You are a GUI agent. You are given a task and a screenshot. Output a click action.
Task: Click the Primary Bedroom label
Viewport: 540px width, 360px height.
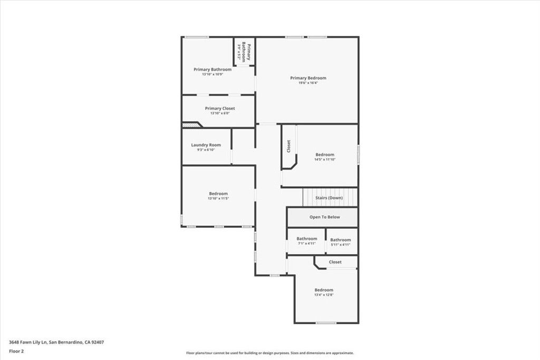(x=308, y=78)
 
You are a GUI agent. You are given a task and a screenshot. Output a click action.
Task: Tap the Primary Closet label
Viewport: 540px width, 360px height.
(x=220, y=109)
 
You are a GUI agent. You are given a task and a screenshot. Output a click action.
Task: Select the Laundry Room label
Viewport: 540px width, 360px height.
(x=206, y=145)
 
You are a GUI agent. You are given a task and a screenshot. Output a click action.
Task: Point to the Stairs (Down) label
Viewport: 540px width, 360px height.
(x=329, y=198)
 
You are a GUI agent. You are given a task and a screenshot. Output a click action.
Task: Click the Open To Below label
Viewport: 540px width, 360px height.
(x=324, y=217)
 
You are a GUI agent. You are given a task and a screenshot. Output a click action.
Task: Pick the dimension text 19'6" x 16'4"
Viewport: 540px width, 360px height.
(x=308, y=83)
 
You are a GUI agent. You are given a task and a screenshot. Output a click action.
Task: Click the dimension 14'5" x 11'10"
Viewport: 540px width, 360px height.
(x=324, y=159)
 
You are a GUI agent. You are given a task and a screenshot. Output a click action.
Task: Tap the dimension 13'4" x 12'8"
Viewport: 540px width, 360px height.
(x=324, y=295)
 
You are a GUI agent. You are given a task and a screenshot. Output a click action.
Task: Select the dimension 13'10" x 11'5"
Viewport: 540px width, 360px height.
(x=218, y=198)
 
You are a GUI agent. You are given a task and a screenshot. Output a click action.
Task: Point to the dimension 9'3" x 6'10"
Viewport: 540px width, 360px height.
(x=206, y=150)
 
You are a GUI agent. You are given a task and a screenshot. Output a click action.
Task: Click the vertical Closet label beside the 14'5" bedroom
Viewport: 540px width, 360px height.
(x=288, y=146)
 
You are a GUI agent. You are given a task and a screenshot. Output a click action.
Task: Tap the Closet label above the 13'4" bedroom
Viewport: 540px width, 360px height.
(x=335, y=262)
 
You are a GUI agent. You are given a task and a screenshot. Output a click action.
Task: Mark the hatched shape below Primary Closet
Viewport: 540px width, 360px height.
(x=191, y=125)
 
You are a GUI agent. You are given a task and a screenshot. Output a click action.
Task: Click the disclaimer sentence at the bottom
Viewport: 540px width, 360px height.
(x=269, y=353)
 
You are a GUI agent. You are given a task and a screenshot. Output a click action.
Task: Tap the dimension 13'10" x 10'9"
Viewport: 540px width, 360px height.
(x=212, y=74)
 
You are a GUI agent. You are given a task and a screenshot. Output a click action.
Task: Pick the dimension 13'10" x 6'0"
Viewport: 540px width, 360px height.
(x=220, y=113)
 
